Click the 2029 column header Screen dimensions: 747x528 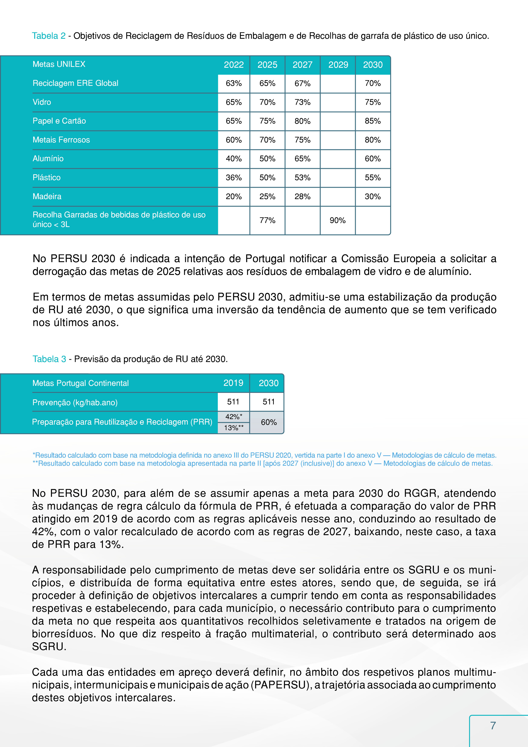coord(338,65)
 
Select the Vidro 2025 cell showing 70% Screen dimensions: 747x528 coord(267,102)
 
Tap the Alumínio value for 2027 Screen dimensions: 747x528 coord(302,159)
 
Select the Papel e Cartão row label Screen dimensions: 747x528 coord(59,121)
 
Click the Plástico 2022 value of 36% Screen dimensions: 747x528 coord(234,178)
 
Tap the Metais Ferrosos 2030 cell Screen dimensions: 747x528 coord(373,140)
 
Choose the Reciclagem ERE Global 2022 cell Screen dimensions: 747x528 coord(234,83)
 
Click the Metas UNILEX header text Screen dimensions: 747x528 coord(59,64)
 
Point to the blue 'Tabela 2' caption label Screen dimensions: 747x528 coord(49,36)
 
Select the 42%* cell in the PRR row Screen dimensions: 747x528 coord(234,417)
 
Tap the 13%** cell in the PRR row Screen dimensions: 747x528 coord(234,428)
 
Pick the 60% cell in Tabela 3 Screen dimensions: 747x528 coord(269,422)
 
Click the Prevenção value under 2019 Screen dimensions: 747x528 coord(233,402)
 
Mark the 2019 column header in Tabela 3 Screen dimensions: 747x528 coord(233,383)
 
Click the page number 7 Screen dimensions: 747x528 coord(493,725)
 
